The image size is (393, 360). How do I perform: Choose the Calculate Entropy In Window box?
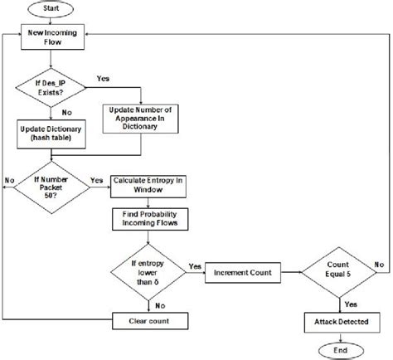pyautogui.click(x=152, y=186)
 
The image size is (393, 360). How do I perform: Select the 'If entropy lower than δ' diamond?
pyautogui.click(x=152, y=270)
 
